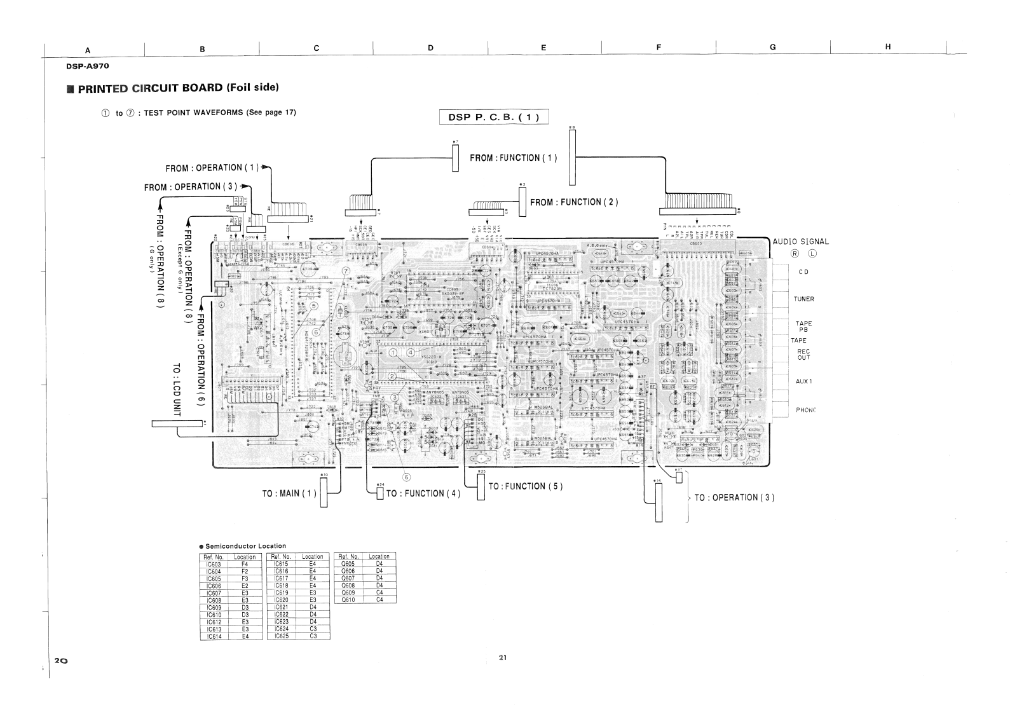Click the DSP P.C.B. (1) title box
point(494,117)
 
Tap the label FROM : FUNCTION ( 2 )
point(574,202)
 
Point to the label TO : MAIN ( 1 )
point(289,493)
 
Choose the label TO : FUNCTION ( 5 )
point(525,486)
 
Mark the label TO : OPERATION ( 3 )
point(734,497)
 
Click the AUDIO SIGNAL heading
point(801,242)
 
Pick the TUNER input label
point(803,299)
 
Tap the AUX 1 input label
point(803,381)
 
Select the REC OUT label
point(803,354)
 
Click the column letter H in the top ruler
point(888,47)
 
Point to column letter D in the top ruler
point(430,48)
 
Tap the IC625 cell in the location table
point(282,636)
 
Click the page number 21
point(502,658)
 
